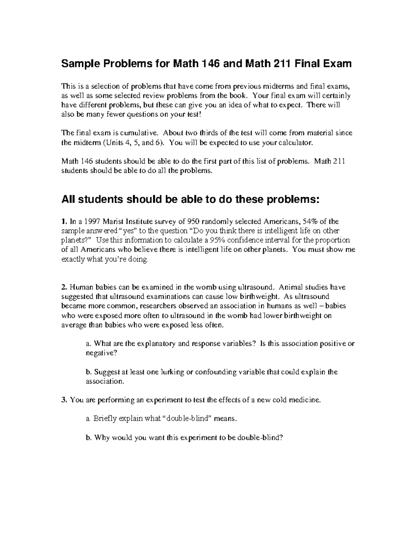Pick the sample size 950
tap(193, 221)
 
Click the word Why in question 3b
tap(101, 437)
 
